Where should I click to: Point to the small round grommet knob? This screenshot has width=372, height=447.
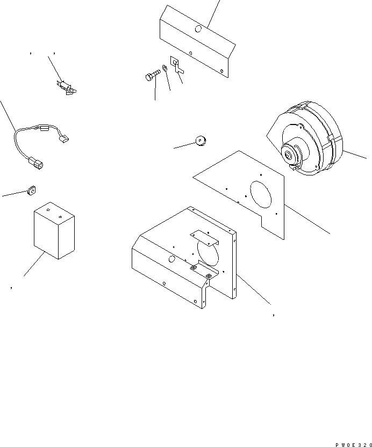[x=202, y=141]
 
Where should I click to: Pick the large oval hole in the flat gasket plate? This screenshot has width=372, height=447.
[x=261, y=194]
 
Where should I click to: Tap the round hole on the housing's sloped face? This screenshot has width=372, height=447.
[x=172, y=259]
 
